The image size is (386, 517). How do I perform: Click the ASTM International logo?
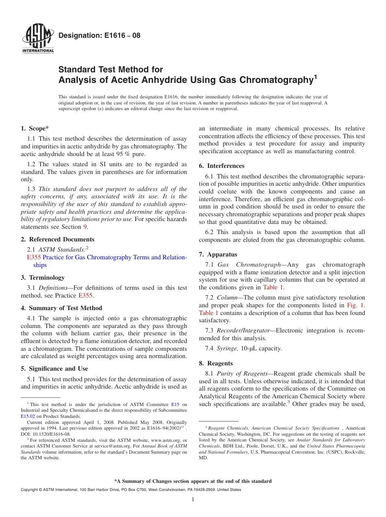(x=37, y=39)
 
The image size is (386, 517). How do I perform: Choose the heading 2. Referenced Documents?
(x=58, y=239)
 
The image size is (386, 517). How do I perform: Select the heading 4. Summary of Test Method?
(x=61, y=308)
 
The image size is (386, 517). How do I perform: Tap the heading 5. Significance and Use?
(x=54, y=369)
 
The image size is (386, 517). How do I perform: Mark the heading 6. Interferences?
(x=222, y=166)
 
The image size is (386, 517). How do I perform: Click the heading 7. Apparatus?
(x=218, y=254)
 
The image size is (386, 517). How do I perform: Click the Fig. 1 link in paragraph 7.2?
(x=356, y=305)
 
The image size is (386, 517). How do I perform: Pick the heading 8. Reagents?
(x=216, y=363)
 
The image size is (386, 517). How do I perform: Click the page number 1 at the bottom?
(x=193, y=500)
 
